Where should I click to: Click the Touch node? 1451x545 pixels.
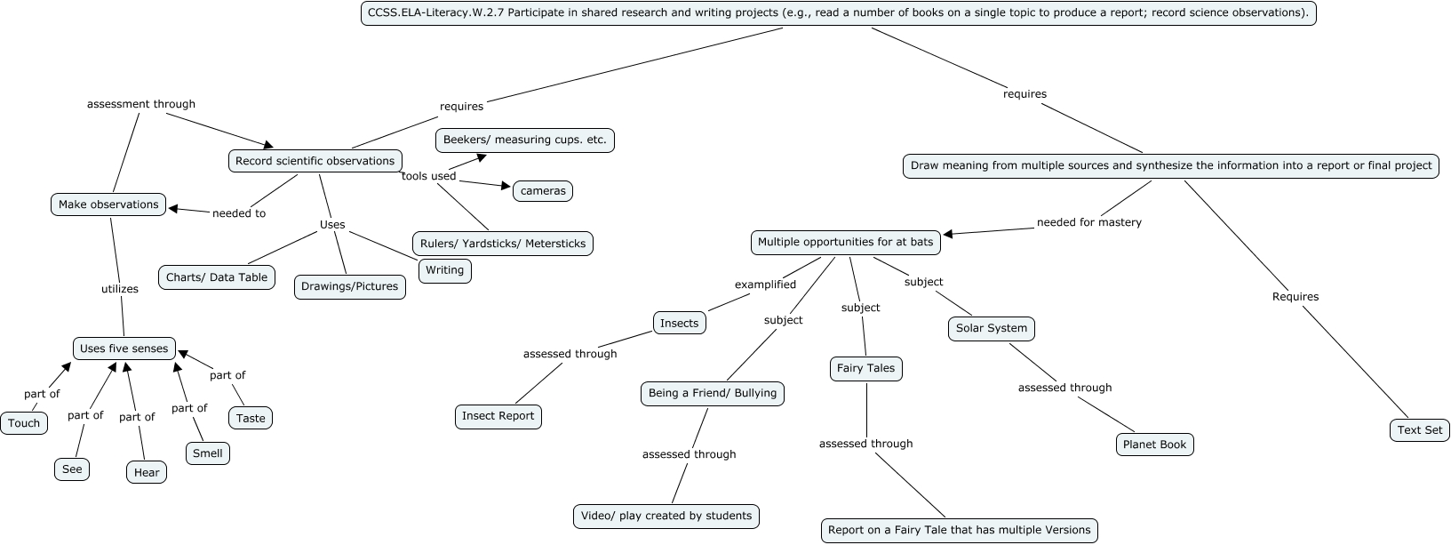click(24, 423)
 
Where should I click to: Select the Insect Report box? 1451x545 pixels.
click(498, 415)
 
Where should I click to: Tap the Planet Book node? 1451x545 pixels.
click(1154, 445)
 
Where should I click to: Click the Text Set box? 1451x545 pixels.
click(1419, 429)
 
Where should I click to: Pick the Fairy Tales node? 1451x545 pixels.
click(865, 368)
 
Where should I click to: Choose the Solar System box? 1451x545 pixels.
click(991, 328)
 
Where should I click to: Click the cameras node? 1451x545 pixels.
click(543, 191)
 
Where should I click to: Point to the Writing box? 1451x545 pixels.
click(444, 270)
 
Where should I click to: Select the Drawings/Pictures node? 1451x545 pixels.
click(350, 286)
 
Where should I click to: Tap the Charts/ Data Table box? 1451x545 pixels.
click(217, 277)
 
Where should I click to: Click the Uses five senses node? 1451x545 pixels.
click(124, 349)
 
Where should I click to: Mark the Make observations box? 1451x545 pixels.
click(108, 204)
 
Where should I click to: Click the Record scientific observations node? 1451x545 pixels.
click(315, 161)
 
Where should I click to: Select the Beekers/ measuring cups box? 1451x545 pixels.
click(524, 140)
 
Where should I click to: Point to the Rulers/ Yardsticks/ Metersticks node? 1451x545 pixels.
click(502, 244)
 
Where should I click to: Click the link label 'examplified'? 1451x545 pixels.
click(765, 285)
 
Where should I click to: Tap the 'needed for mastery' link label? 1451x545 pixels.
click(1088, 222)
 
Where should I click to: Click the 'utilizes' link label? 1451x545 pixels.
click(119, 289)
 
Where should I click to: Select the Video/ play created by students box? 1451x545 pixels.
click(666, 516)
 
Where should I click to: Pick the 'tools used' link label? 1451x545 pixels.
click(428, 176)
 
